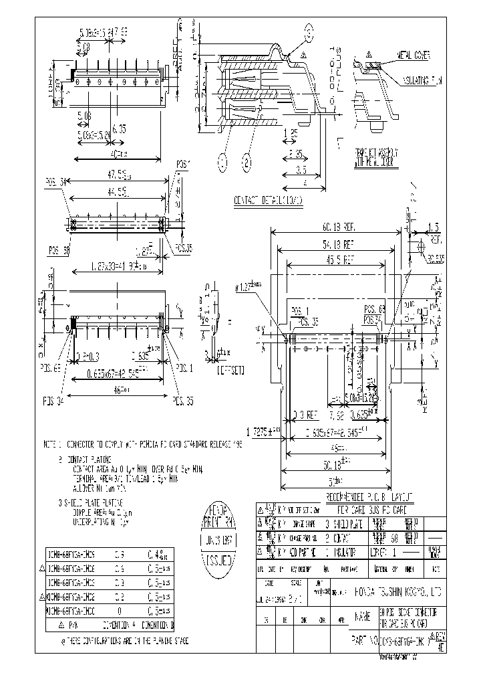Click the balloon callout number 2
[x=247, y=161]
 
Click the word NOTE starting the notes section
[x=51, y=444]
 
